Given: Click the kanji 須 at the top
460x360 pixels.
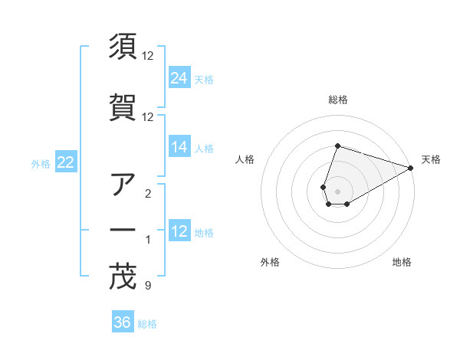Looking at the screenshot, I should [123, 47].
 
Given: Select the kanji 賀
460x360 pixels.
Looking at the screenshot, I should [123, 106].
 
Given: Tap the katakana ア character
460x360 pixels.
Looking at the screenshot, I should [123, 184].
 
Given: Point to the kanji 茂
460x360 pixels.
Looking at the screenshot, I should [123, 277].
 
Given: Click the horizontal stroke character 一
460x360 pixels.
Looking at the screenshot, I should [123, 230].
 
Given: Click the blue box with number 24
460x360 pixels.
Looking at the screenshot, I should [179, 78].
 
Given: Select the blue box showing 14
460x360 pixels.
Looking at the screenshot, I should [179, 147].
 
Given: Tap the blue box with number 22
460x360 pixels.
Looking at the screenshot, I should [66, 162].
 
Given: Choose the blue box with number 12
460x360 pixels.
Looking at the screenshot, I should [179, 231].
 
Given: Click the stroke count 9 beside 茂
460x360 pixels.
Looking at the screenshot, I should [147, 286].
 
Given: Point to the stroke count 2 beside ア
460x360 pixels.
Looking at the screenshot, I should [147, 194].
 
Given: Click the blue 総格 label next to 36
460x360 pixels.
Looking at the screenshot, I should [147, 324].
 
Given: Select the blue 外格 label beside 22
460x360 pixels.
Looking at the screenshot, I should [41, 163].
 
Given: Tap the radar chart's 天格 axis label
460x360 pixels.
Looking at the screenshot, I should [431, 159].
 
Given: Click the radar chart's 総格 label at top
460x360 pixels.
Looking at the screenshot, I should [337, 100].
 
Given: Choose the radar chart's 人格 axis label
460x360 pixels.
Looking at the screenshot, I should [245, 159].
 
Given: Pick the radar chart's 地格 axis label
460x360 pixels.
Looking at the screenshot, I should [402, 262].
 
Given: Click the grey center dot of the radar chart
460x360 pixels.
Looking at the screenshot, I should [337, 191].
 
